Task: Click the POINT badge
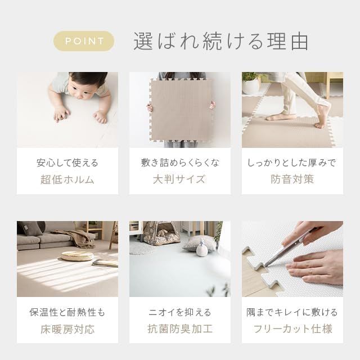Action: click(x=84, y=41)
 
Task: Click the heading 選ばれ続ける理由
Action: click(x=221, y=41)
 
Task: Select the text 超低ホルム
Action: click(x=67, y=179)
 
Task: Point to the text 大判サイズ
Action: click(x=179, y=179)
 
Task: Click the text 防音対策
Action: click(x=292, y=179)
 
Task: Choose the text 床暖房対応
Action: click(x=67, y=329)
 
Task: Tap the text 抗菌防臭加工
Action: click(x=180, y=328)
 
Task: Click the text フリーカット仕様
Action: click(x=292, y=328)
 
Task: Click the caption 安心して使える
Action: click(x=67, y=163)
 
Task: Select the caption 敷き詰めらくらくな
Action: click(x=180, y=163)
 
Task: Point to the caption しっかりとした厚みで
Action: click(x=292, y=163)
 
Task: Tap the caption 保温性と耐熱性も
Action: click(x=67, y=313)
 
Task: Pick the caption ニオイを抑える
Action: click(x=180, y=313)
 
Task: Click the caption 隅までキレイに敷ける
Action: click(x=292, y=313)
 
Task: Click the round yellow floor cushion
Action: click(x=78, y=255)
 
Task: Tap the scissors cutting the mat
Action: click(x=289, y=248)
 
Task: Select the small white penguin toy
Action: click(x=202, y=248)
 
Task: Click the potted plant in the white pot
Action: click(x=251, y=83)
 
